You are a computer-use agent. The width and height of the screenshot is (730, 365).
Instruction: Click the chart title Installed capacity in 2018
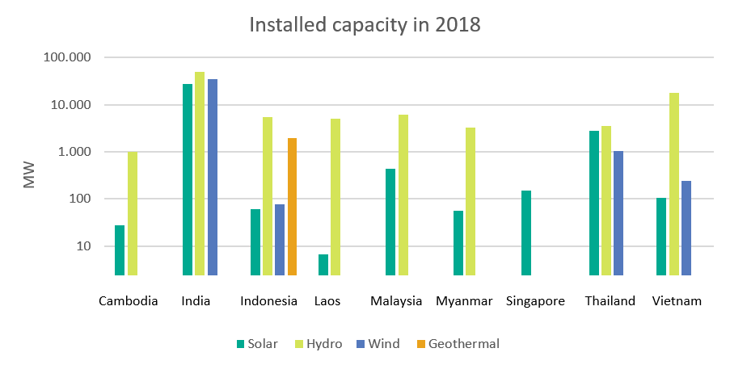coord(364,25)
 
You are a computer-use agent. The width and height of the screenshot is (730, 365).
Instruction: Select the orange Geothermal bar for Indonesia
coord(292,207)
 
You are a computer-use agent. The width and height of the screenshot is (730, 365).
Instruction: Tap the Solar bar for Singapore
coord(526,233)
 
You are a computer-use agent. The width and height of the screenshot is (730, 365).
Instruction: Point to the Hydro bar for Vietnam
coord(674,184)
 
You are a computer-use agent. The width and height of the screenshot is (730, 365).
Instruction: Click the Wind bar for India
coord(213,177)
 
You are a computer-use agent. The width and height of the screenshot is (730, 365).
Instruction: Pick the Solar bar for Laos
coord(323,265)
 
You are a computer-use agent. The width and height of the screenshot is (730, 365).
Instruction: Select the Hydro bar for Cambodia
coord(133,213)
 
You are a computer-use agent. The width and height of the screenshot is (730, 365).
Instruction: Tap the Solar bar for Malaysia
coord(390,222)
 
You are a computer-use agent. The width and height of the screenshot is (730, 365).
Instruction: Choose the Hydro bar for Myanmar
coord(470,201)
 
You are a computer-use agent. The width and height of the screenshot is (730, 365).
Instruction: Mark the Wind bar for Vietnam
coord(686,228)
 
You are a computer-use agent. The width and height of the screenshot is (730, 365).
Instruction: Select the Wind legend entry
coord(377,343)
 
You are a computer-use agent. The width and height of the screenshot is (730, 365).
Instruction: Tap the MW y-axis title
coord(29,176)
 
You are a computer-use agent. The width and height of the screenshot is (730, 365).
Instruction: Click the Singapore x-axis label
coord(535,301)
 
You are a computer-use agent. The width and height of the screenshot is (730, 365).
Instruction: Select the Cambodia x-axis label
coord(128,301)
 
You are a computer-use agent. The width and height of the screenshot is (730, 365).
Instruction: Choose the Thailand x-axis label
coord(610,301)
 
